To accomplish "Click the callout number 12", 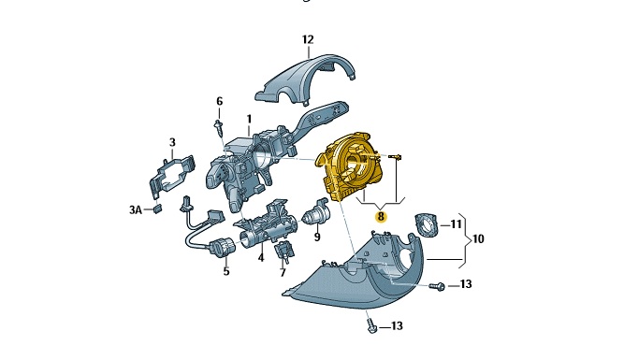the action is (308, 40).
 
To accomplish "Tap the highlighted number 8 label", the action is (382, 217).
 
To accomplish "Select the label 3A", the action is (136, 209).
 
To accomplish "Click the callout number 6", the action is (219, 101).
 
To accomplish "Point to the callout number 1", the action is (249, 119).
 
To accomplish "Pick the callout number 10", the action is (477, 239).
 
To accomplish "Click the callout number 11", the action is (456, 224).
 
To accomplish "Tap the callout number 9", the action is (317, 238).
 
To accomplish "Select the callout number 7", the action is (283, 273).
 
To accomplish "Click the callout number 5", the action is (226, 272).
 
